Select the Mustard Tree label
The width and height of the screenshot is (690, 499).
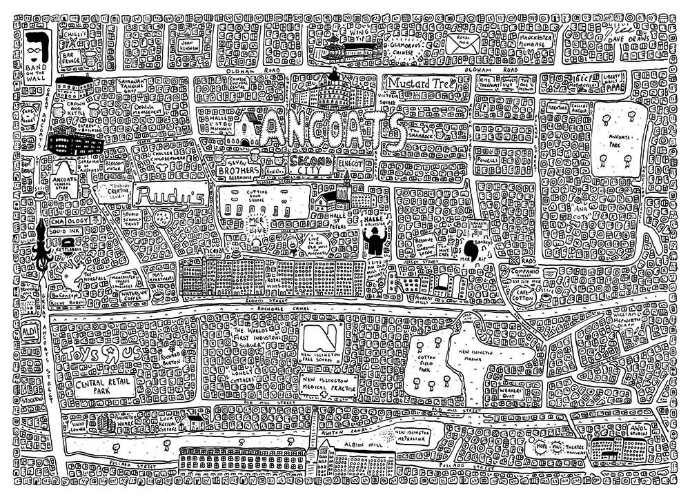click(419, 83)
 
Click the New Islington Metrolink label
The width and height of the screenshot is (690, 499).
click(415, 434)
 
